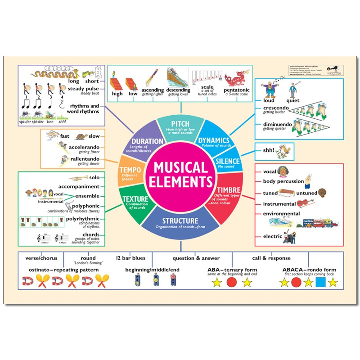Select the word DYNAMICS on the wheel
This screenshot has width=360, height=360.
[x=214, y=140]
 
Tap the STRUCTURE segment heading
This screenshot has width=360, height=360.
[x=180, y=221]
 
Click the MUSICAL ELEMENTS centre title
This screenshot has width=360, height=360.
[x=180, y=175]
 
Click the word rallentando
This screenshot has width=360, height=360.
[x=85, y=159]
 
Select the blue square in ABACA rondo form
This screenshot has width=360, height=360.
[x=320, y=283]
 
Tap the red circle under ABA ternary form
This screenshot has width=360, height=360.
[x=232, y=283]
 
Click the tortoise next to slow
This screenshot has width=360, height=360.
[x=81, y=135]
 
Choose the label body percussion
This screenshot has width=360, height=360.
[x=283, y=181]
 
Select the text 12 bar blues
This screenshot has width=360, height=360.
[x=130, y=258]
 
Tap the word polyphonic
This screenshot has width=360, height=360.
[x=87, y=206]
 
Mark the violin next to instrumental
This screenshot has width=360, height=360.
[x=306, y=203]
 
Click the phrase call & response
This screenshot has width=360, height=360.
[x=274, y=258]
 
